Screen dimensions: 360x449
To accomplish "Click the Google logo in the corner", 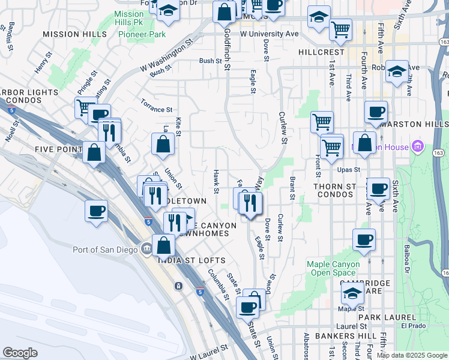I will (x=20, y=353).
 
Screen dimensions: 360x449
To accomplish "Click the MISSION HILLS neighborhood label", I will (x=75, y=34).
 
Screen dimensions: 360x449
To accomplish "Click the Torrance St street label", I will (x=157, y=110).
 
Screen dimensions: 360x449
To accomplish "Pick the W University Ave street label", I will (x=269, y=34).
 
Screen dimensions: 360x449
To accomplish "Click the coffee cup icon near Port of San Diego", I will (x=96, y=211).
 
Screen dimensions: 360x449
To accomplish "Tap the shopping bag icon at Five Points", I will (x=94, y=152).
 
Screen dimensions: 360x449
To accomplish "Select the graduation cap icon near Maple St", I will (x=352, y=293).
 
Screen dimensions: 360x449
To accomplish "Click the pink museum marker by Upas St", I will (x=418, y=146).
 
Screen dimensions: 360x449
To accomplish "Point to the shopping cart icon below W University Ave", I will (x=340, y=28).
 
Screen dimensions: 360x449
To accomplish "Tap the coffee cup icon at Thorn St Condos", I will (x=378, y=188).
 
